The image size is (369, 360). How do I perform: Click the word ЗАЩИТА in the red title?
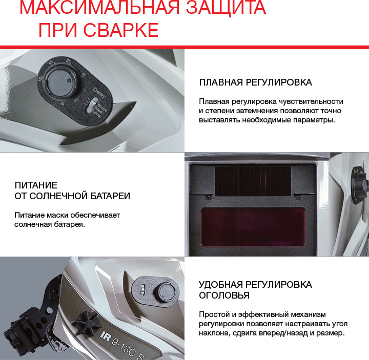226,7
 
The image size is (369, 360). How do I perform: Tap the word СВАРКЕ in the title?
121,30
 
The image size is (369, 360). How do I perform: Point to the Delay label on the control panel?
100,92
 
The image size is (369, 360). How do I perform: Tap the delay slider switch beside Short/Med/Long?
91,105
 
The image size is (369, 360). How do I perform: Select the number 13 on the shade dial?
83,75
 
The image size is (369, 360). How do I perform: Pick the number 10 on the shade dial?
40,79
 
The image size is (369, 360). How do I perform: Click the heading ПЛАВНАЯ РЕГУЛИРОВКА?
255,82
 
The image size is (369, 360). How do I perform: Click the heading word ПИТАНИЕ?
36,185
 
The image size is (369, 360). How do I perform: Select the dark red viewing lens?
253,227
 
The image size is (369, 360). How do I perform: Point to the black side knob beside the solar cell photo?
359,185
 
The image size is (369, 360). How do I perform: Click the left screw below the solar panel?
208,196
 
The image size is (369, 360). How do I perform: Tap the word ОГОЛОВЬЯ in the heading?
224,295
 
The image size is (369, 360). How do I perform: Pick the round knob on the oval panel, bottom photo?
165,292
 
